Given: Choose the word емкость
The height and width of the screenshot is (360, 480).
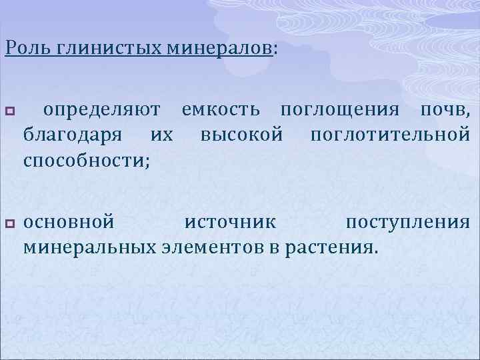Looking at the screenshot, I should click(224, 109).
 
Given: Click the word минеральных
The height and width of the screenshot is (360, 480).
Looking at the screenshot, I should click(91, 247).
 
